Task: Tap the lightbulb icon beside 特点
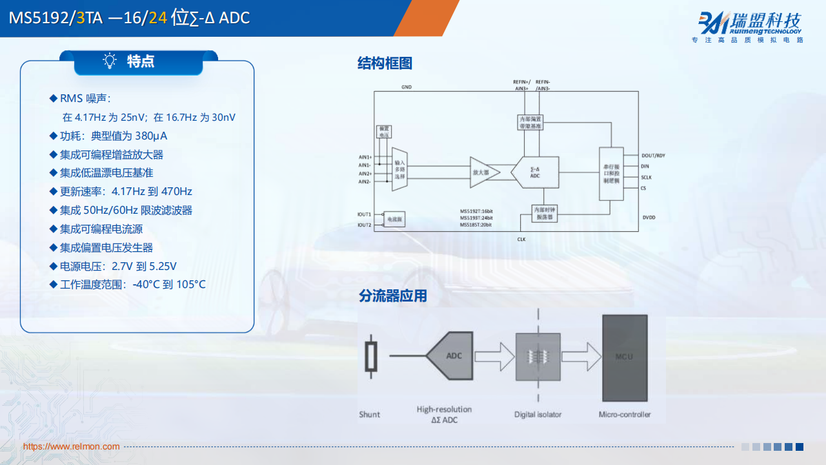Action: click(x=110, y=61)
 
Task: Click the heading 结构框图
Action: click(x=385, y=63)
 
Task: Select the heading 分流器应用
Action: click(x=392, y=296)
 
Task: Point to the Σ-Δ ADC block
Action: click(x=534, y=172)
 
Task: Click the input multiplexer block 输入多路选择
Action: click(x=399, y=172)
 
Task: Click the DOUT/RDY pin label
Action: click(x=654, y=156)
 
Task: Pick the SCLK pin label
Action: click(x=647, y=177)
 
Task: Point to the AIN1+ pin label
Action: click(x=365, y=157)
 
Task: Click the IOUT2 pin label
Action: click(x=365, y=225)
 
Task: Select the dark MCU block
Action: click(x=624, y=358)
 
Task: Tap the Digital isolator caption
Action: click(x=538, y=415)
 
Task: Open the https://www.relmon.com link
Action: click(x=72, y=446)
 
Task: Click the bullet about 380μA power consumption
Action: click(x=113, y=136)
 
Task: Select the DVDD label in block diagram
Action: click(x=649, y=218)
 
